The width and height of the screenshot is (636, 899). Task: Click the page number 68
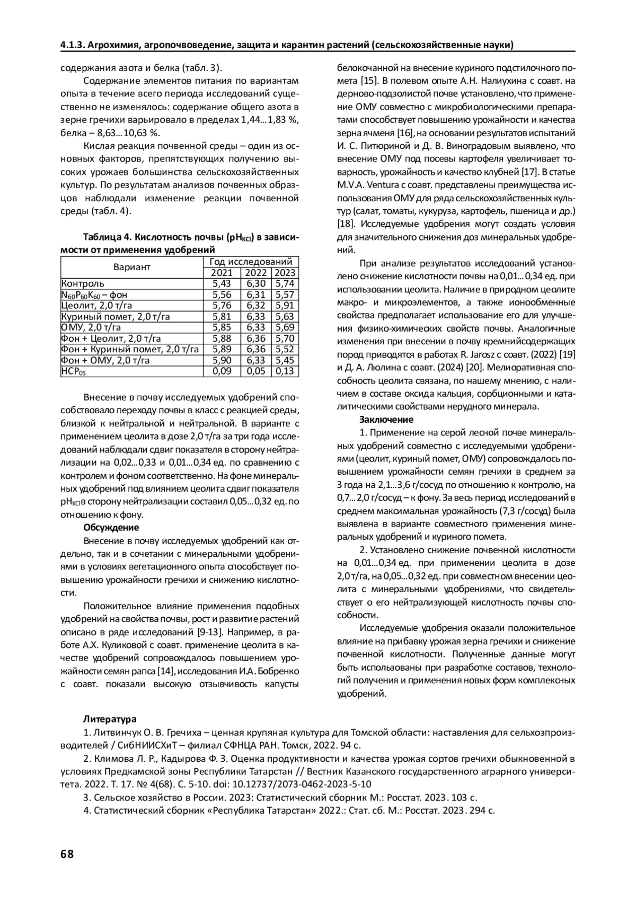pos(67,853)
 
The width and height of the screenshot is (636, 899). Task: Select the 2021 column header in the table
pos(222,273)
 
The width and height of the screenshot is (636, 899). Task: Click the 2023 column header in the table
pos(285,273)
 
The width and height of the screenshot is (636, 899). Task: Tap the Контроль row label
pos(83,284)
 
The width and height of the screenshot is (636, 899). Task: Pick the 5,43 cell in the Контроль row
pos(222,284)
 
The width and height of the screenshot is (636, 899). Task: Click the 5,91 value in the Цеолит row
pos(285,306)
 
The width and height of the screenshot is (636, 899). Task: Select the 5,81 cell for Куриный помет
pos(222,317)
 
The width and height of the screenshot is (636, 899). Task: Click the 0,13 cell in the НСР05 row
pos(285,371)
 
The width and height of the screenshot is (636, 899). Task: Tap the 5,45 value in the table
pos(285,360)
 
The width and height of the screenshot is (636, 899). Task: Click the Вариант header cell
pos(132,267)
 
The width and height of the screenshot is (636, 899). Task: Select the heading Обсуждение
pos(111,528)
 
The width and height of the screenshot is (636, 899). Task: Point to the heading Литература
pos(110,719)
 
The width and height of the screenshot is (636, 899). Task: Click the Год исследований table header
pos(251,262)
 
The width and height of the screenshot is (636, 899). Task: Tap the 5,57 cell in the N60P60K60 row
pos(285,295)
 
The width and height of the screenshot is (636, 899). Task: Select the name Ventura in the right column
pos(377,185)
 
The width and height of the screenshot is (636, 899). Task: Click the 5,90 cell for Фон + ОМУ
pos(222,360)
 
